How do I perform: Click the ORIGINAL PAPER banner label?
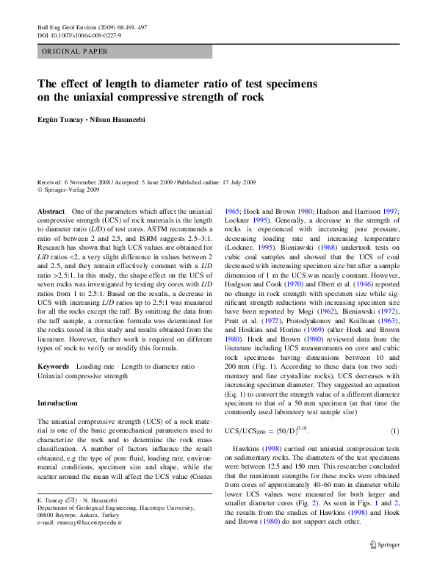pos(75,51)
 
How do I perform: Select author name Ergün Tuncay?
pos(62,120)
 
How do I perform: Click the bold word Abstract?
pos(51,211)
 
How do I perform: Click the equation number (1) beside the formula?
pos(394,430)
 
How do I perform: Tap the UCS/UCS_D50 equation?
pos(265,430)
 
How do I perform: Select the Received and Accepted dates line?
pos(146,181)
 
